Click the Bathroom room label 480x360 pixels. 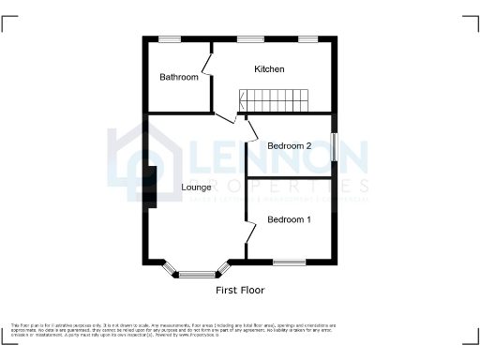[179, 77]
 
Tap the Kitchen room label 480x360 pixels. [269, 69]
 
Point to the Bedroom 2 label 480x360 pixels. [289, 146]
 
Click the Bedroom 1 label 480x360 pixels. [289, 219]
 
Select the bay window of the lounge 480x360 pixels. [197, 273]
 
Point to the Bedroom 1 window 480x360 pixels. [289, 262]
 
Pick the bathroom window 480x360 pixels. [170, 39]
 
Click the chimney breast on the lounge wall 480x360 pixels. [150, 187]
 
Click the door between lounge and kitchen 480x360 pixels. [224, 116]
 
